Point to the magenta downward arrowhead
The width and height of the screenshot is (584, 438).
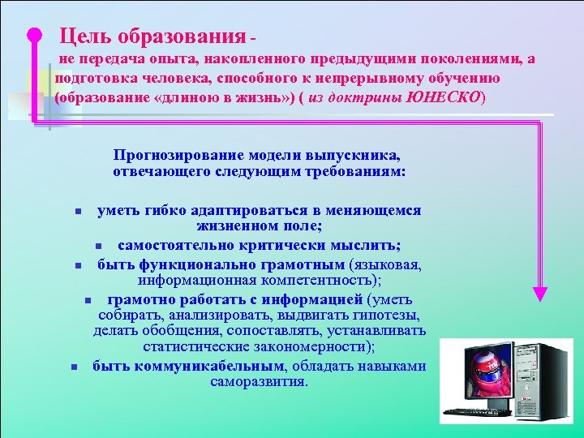(539, 294)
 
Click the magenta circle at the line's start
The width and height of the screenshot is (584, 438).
(33, 35)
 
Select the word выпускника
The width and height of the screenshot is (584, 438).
(357, 155)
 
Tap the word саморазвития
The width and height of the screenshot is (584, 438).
(258, 380)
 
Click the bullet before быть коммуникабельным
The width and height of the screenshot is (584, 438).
(75, 367)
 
